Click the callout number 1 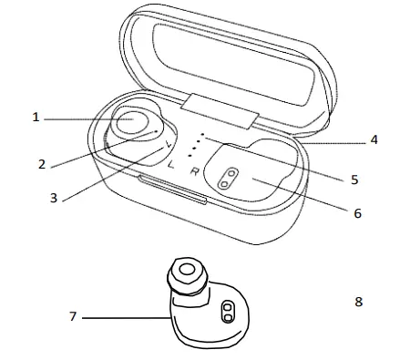click(x=36, y=117)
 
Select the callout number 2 click(x=41, y=164)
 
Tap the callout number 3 click(x=54, y=197)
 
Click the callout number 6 click(x=357, y=213)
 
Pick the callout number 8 click(x=358, y=301)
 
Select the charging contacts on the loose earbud click(x=226, y=313)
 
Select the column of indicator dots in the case click(x=200, y=145)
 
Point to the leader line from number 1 click(x=82, y=118)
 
